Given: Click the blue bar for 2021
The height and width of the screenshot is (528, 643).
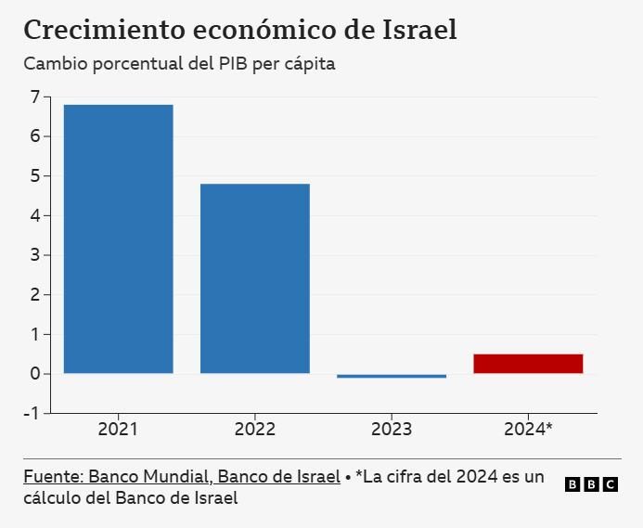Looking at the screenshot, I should (x=118, y=238).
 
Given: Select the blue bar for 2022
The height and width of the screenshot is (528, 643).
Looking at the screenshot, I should (x=255, y=278).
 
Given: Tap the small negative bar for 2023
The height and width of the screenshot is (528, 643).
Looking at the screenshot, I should (x=392, y=376).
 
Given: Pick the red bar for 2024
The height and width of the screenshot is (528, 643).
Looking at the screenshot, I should (x=528, y=364).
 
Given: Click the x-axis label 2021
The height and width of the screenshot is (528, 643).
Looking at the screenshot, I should (x=118, y=430).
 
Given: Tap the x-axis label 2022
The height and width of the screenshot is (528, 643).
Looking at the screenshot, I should (x=255, y=430).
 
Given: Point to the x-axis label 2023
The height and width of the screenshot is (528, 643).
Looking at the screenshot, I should (x=392, y=430).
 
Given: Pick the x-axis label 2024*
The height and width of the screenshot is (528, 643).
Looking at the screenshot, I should (x=528, y=430).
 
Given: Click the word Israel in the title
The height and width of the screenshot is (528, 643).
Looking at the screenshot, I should (x=419, y=30).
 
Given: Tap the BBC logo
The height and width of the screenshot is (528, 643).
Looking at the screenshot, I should (x=591, y=484).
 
